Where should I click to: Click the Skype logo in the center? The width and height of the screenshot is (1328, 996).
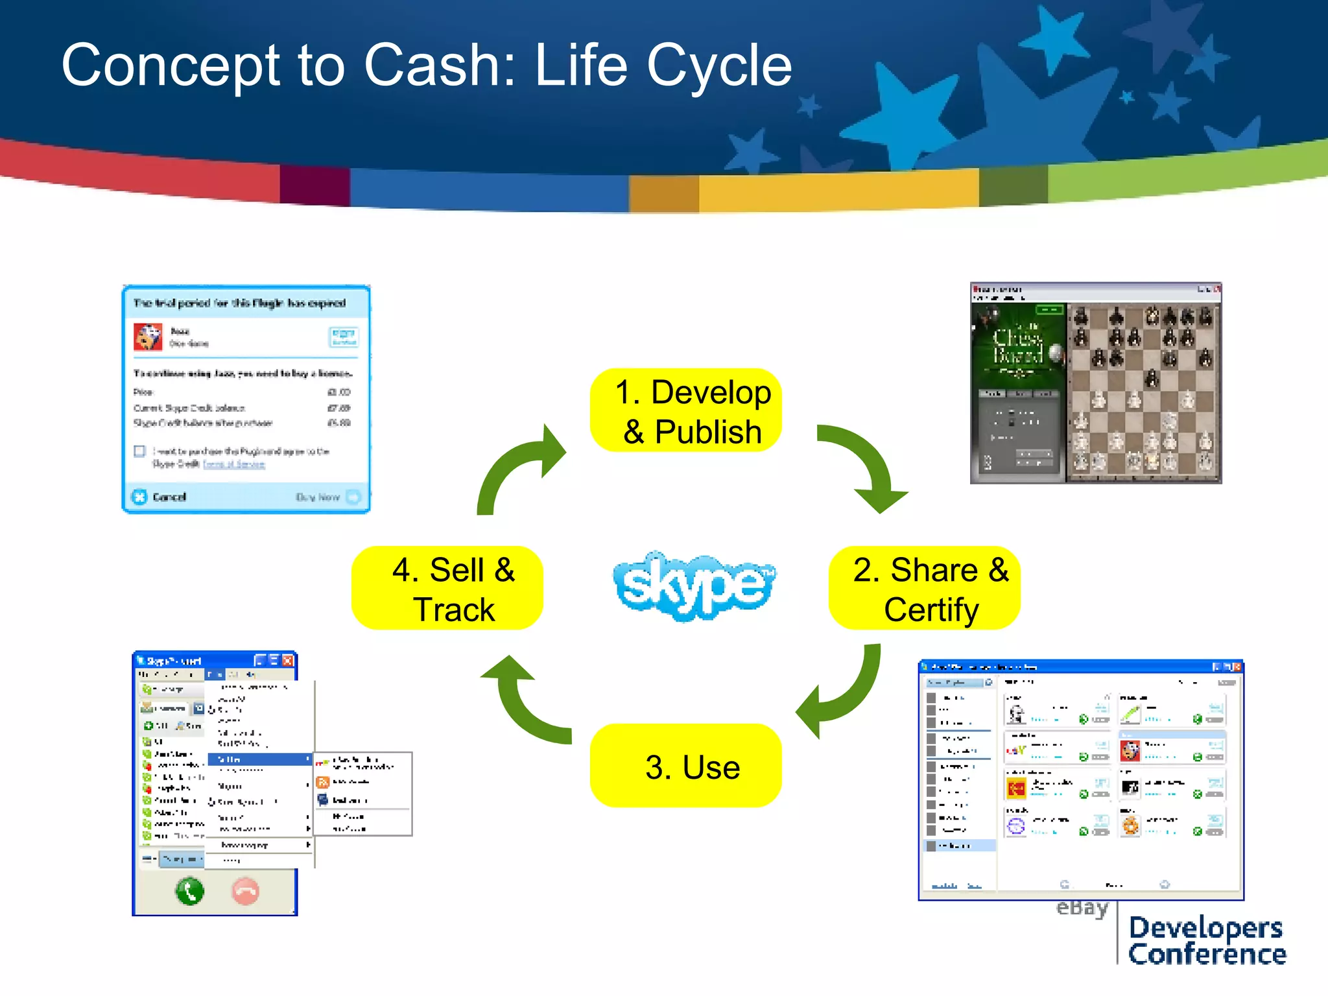[x=693, y=585]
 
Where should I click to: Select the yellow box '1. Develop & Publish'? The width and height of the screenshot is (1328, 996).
[x=686, y=411]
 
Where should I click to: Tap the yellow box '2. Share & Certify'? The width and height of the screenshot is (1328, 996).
[x=925, y=588]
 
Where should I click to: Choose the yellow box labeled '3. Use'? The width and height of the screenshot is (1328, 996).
[x=686, y=766]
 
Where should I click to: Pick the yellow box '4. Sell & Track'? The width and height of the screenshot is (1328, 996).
[x=447, y=588]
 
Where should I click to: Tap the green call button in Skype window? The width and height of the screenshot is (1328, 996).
[x=189, y=892]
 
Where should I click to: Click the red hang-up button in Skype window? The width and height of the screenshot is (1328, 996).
[x=246, y=892]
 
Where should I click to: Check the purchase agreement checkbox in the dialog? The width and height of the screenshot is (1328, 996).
[x=139, y=451]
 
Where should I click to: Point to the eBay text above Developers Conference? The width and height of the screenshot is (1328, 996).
[x=1082, y=908]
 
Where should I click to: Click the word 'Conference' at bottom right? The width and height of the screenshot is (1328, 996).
[x=1207, y=954]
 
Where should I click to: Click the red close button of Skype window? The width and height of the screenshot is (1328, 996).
[x=288, y=660]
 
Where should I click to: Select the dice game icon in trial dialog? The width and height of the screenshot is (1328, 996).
[x=148, y=337]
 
